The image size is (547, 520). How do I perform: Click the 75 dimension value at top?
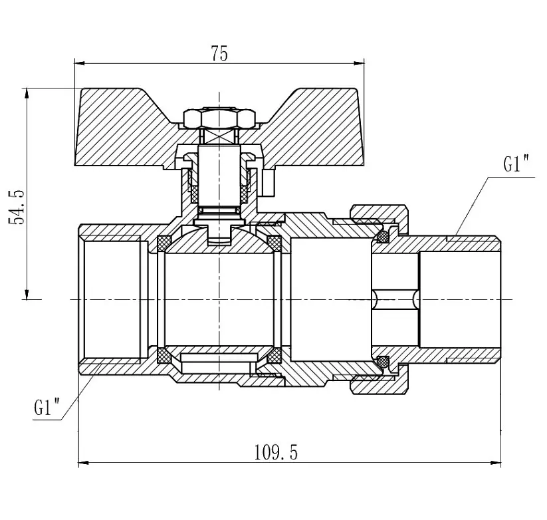[219, 54]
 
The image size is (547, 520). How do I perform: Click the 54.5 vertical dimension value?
[17, 207]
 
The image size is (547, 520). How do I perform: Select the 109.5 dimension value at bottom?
[276, 453]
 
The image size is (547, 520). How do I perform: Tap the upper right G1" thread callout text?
[516, 164]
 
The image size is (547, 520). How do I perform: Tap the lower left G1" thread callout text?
[47, 407]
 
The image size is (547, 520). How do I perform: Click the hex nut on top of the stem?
[219, 118]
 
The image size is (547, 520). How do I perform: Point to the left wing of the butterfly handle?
[126, 128]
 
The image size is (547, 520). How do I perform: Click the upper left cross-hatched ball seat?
[164, 243]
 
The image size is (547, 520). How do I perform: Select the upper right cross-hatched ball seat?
[274, 243]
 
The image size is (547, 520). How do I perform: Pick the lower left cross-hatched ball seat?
[164, 356]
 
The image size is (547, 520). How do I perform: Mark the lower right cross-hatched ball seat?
[274, 356]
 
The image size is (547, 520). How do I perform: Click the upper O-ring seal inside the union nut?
[383, 237]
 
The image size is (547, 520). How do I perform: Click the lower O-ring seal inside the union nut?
[383, 362]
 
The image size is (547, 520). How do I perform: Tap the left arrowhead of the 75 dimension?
[80, 63]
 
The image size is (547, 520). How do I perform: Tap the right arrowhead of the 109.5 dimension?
[496, 463]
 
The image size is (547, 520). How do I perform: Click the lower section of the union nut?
[380, 383]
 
